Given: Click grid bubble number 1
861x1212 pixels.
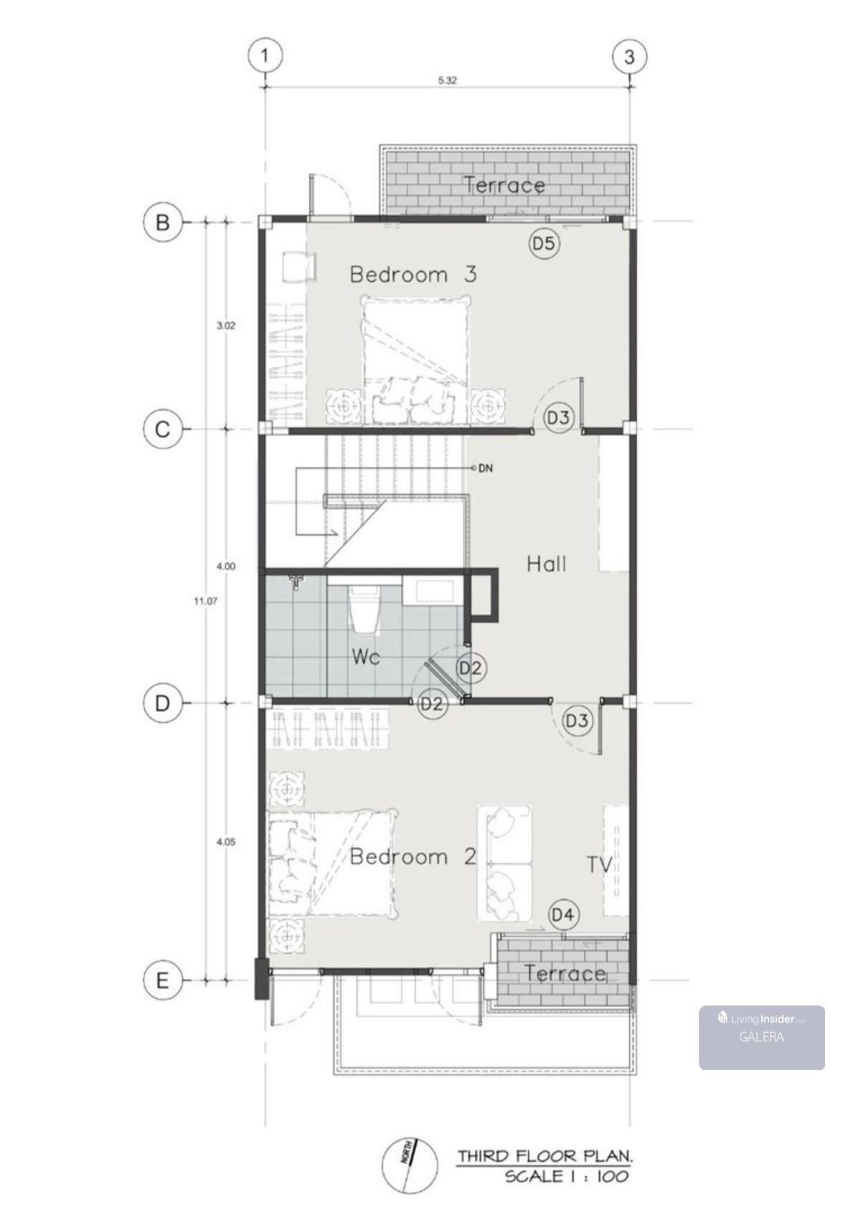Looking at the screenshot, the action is (265, 55).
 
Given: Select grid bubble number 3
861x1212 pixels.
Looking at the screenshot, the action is (629, 56).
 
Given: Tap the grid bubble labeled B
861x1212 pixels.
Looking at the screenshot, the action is (162, 222).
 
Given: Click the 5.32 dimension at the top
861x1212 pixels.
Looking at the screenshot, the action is (447, 80).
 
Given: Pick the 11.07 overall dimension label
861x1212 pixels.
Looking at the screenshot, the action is (206, 600).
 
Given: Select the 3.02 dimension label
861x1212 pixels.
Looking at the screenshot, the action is (226, 326).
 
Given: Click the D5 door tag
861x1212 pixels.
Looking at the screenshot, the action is (544, 244).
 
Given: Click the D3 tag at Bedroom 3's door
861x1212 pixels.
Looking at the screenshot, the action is (558, 417).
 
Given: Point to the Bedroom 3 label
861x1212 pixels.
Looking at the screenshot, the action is (413, 275).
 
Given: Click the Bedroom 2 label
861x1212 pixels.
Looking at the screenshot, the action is (413, 856).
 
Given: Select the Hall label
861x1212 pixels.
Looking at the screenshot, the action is (547, 564).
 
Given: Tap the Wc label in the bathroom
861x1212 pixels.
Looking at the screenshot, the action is (366, 657).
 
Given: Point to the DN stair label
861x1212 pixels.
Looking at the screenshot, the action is (486, 468).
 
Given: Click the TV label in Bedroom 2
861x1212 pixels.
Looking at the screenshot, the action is (600, 865).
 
